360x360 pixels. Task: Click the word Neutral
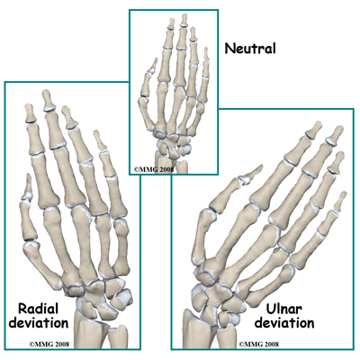250,49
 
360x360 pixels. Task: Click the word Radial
38,309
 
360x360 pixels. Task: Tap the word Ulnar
284,309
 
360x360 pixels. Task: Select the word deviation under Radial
39,323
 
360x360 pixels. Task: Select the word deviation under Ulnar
284,323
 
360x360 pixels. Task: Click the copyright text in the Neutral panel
154,169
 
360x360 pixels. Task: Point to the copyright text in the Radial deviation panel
49,344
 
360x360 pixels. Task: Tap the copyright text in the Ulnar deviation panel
258,344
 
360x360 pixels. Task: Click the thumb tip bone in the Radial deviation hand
29,184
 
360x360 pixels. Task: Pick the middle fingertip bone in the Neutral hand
184,20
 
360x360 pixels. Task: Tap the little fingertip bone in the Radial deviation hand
99,140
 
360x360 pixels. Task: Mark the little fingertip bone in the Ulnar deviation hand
341,201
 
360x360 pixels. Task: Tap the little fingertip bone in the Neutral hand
206,54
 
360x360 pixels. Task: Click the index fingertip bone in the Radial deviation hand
30,113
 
